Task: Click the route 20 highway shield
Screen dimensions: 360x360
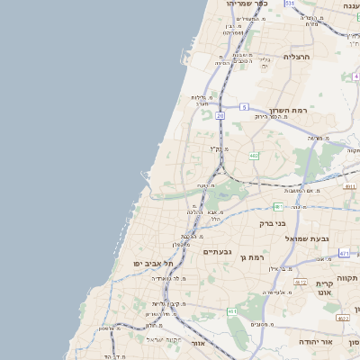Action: [x=220, y=115]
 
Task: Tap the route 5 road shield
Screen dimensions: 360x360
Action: [x=244, y=107]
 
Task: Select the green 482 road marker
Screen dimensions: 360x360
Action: [x=254, y=156]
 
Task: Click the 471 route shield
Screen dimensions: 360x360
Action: [x=344, y=253]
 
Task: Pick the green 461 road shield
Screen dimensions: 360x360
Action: [x=232, y=311]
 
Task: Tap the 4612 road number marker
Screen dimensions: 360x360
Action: [x=301, y=282]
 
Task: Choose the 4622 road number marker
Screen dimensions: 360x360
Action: [x=342, y=318]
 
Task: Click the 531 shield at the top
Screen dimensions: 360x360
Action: [x=289, y=4]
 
